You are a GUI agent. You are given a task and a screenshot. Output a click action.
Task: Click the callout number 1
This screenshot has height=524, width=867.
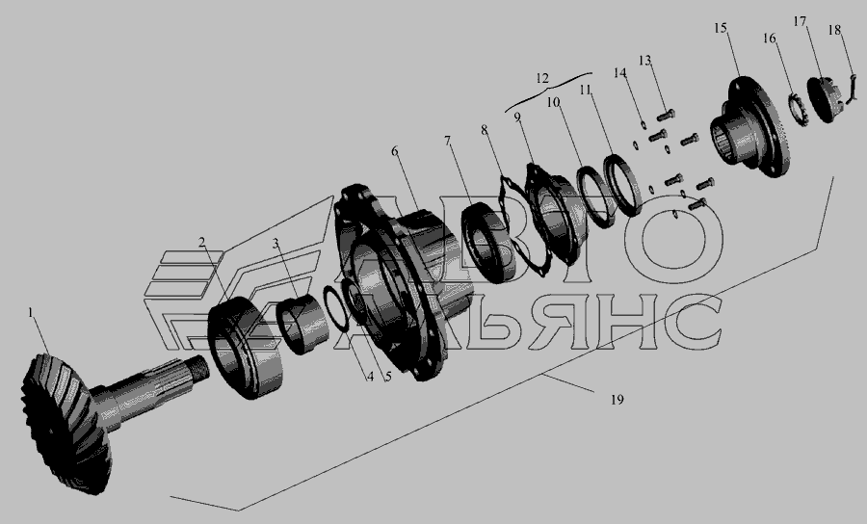(x=31, y=313)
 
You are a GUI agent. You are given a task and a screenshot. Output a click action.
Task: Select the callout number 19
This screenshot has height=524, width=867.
(x=617, y=399)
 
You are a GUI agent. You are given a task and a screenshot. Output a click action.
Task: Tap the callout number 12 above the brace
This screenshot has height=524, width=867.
(x=541, y=78)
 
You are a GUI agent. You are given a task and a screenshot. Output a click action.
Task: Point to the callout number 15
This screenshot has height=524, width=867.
(x=720, y=28)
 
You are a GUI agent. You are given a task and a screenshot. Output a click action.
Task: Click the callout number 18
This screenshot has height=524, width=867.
(x=834, y=29)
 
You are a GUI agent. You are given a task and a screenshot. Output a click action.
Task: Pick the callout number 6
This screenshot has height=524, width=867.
(x=394, y=151)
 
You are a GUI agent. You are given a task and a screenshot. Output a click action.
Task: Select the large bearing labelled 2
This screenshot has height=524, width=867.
(x=246, y=348)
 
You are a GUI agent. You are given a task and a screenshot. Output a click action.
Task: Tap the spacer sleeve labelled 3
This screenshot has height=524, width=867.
(x=303, y=325)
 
